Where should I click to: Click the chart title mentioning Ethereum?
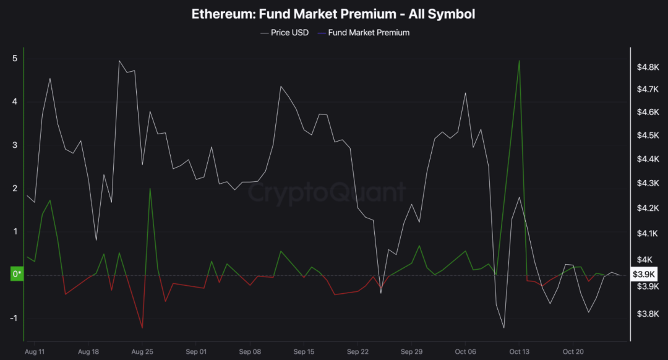click(x=333, y=13)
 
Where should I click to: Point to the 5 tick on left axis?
click(x=14, y=59)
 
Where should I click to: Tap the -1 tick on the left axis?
click(x=13, y=318)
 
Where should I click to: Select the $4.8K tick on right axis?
click(x=647, y=67)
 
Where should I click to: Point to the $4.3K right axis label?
click(x=647, y=184)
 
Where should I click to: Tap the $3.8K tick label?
click(x=647, y=314)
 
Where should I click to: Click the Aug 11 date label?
click(x=35, y=351)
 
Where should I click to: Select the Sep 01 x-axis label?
click(x=195, y=351)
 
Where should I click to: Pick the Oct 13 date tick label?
click(x=520, y=351)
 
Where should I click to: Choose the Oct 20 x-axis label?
click(x=573, y=351)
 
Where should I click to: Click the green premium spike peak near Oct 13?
click(x=519, y=61)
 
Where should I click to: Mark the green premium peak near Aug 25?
click(x=150, y=189)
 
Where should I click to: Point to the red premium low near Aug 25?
click(x=142, y=328)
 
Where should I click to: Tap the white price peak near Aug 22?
click(x=119, y=61)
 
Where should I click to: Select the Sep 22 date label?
click(x=358, y=351)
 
